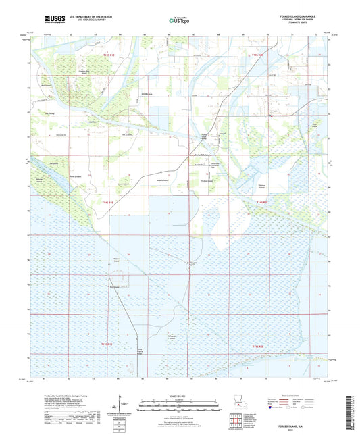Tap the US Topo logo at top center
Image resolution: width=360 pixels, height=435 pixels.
(x=179, y=21)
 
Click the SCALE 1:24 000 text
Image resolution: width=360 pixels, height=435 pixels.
(x=180, y=394)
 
